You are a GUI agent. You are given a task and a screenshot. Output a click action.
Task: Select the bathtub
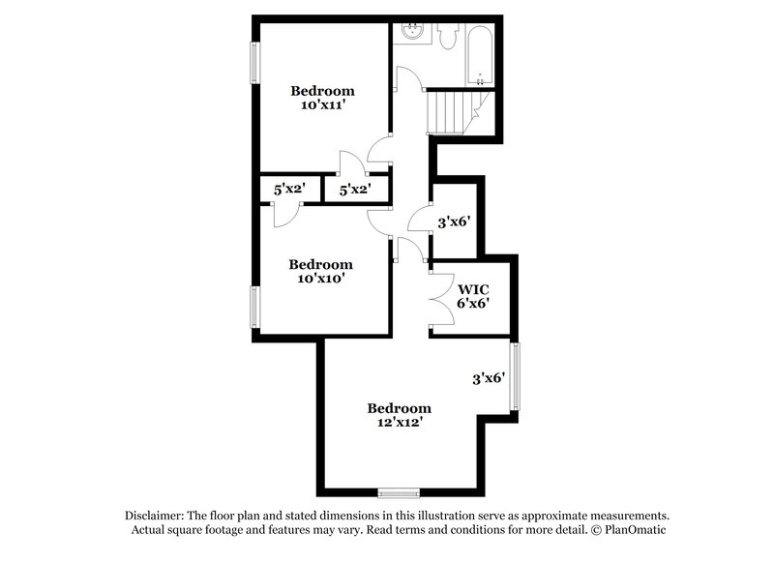(x=480, y=54)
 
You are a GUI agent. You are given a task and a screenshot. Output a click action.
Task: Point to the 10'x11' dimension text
(x=322, y=105)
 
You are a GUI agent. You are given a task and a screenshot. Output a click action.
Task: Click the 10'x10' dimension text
(x=320, y=278)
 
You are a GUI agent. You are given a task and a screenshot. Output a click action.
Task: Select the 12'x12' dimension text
(x=399, y=422)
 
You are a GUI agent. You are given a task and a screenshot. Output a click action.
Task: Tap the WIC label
(x=473, y=288)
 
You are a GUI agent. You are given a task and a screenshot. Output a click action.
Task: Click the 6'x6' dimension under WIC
(x=473, y=303)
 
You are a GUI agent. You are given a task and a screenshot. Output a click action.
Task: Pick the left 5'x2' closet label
(x=289, y=191)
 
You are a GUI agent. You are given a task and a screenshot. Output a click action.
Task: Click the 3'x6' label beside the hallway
(x=454, y=222)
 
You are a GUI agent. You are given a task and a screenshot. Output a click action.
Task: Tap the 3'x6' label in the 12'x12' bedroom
(x=489, y=379)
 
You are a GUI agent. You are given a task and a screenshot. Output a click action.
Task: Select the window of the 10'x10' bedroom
(x=256, y=308)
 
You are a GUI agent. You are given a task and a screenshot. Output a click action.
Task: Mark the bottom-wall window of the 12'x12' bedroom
(x=399, y=491)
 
